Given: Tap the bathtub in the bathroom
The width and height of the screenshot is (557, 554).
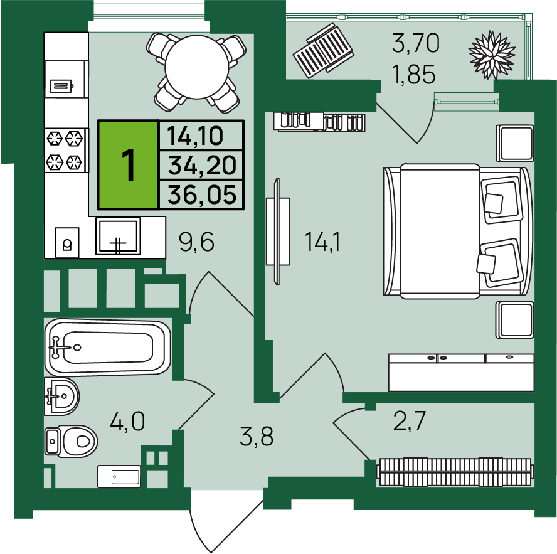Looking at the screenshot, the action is tap(107, 347).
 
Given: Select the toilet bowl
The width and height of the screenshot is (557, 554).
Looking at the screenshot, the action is tap(71, 441).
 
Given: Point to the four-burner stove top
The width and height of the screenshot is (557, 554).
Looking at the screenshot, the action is tap(66, 150).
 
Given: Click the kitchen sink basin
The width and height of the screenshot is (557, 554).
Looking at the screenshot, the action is tap(118, 237).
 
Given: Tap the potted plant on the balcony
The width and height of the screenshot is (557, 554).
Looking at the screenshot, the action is tap(492, 55).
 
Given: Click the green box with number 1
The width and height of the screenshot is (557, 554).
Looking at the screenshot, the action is tap(128, 164).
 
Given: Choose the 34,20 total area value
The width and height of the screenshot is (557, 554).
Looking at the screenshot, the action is tap(202, 165).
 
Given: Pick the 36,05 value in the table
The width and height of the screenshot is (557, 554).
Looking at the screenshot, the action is tap(202, 194).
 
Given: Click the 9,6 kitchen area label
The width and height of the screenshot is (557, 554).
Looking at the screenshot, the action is tap(196, 242).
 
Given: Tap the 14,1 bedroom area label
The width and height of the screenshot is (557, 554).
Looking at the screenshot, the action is tap(322, 242).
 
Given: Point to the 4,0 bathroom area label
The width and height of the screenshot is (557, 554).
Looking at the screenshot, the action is tap(127, 422).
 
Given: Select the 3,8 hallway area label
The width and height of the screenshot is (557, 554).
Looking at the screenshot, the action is tap(257, 437).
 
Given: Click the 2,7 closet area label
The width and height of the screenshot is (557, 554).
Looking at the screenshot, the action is tap(409, 420).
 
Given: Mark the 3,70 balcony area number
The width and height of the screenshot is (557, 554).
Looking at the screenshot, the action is tap(416, 43).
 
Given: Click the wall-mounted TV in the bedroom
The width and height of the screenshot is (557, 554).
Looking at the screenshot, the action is tap(277, 232).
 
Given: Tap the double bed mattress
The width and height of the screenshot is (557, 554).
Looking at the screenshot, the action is tap(440, 231).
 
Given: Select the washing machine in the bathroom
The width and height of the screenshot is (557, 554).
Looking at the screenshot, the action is tap(119, 476).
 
